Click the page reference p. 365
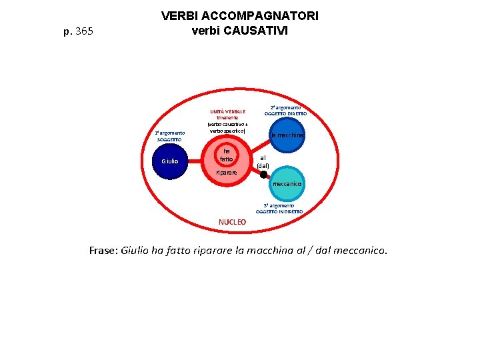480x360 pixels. coord(77,31)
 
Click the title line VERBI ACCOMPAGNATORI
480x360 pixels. coord(239,15)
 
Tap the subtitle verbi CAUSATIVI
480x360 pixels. coord(239,31)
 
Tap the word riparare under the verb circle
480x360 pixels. coord(227,173)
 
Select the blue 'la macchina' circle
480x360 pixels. coord(287,136)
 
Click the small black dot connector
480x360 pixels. coord(263,175)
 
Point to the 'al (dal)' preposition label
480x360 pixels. coord(263,161)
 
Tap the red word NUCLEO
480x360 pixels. coord(232,221)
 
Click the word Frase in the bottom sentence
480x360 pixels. coord(103,251)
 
